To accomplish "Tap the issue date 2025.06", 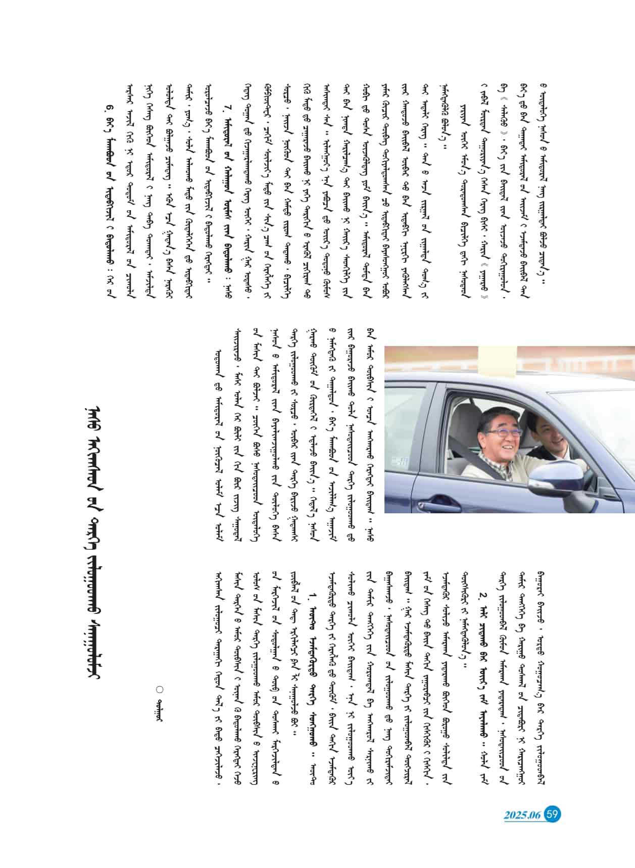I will pyautogui.click(x=522, y=815).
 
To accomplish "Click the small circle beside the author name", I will pyautogui.click(x=160, y=689).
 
